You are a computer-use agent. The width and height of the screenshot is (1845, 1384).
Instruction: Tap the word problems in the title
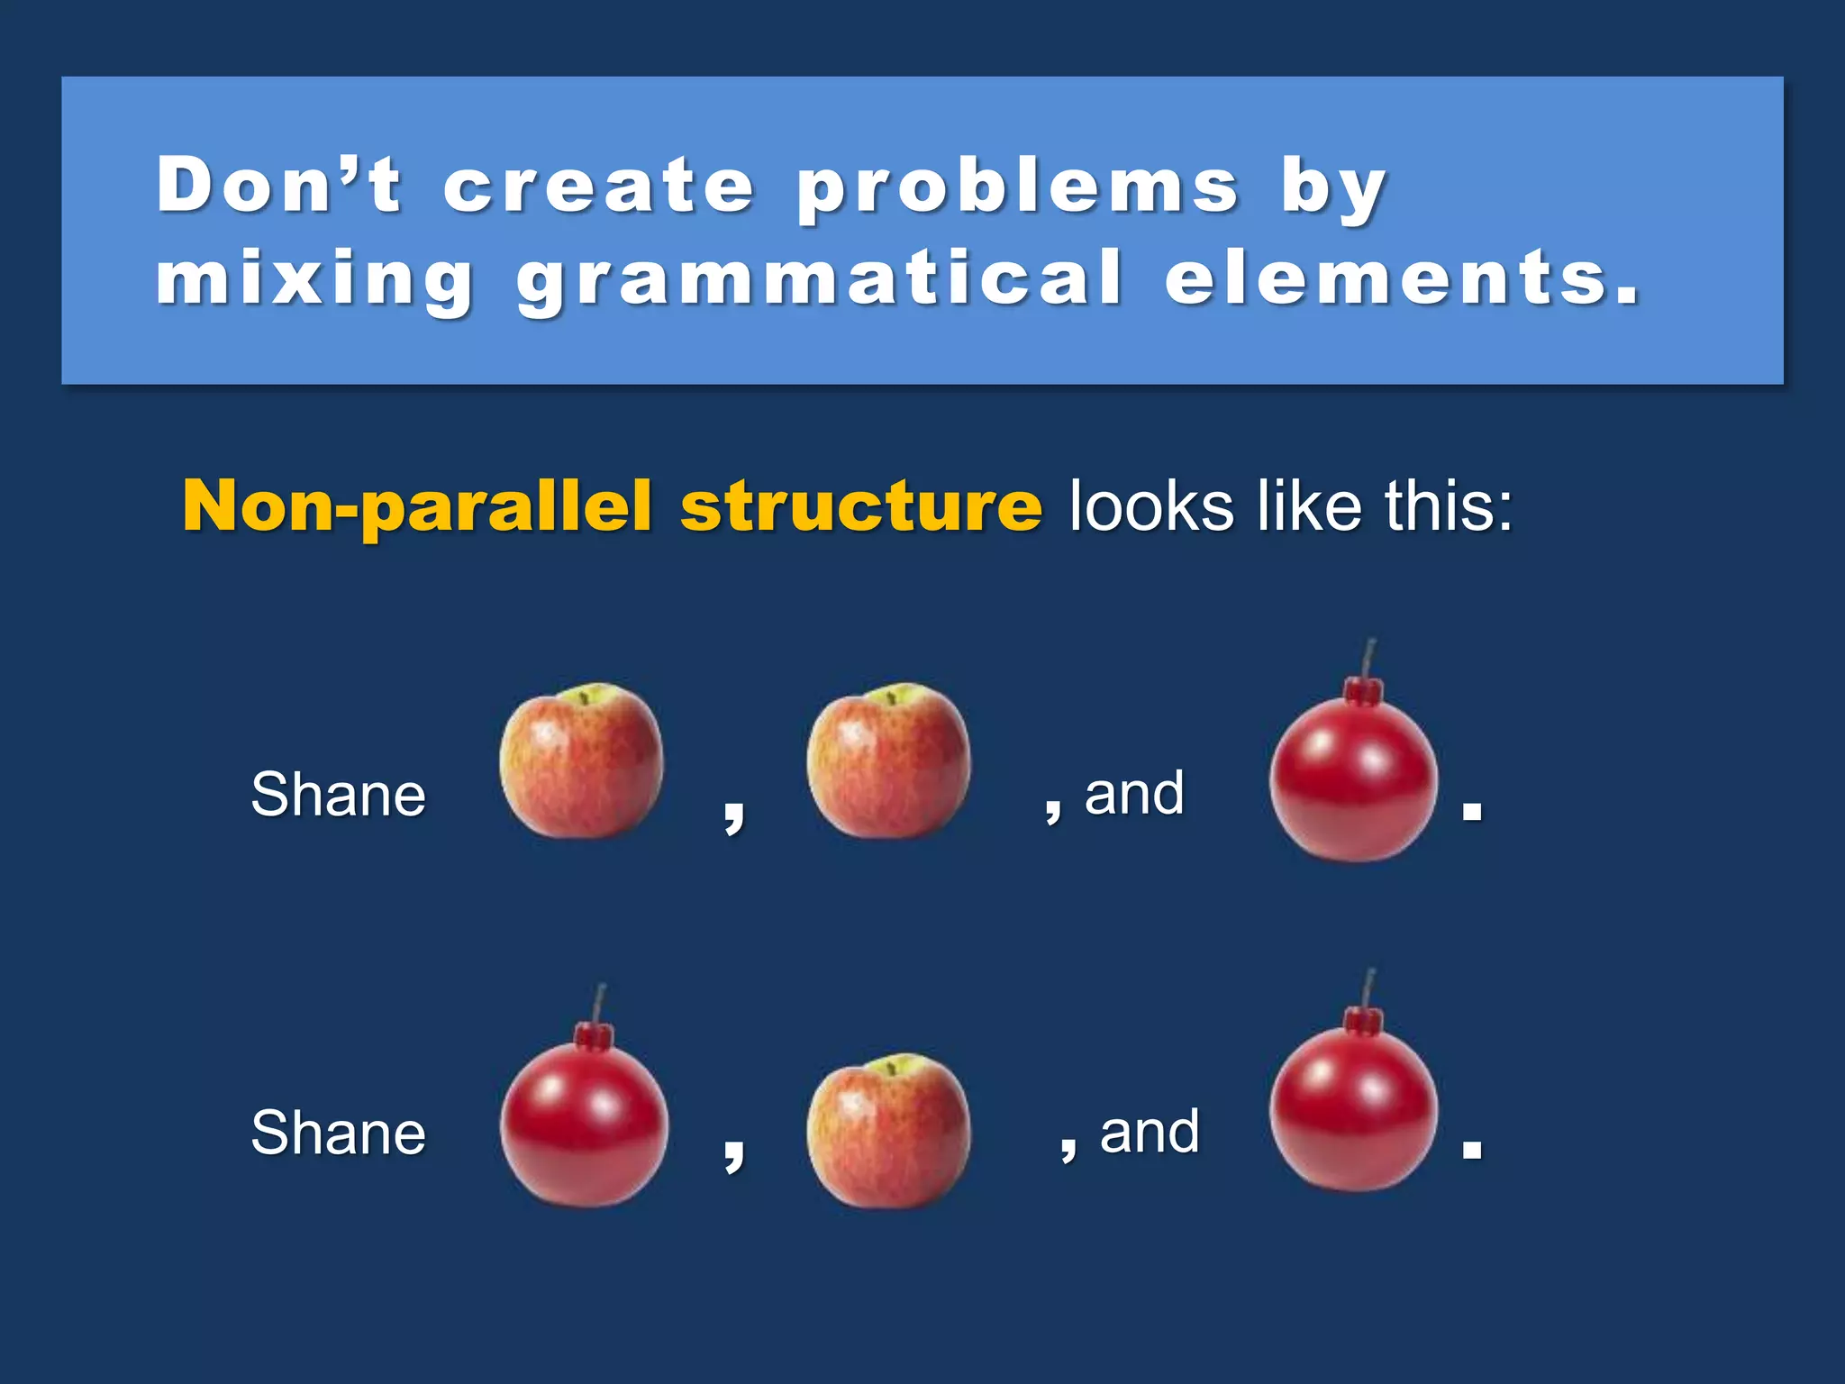pos(1018,187)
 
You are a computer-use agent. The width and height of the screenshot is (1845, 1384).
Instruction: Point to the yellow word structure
pos(861,506)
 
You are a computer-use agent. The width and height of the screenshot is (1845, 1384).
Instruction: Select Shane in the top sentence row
pos(338,795)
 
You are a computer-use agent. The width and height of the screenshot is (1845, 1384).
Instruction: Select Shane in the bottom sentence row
pos(338,1133)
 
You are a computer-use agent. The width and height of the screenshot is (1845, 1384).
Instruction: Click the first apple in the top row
pos(582,761)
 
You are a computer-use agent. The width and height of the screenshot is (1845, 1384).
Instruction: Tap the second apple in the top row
pos(889,761)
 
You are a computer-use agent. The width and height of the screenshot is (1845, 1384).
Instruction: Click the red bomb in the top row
pos(1353,779)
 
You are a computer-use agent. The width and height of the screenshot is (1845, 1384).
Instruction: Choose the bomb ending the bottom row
pos(1353,1108)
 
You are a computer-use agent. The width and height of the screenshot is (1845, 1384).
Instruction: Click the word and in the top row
pos(1134,794)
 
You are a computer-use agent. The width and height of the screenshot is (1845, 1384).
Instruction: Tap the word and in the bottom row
pos(1150,1132)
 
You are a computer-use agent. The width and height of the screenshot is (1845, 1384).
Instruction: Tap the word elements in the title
pos(1401,279)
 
